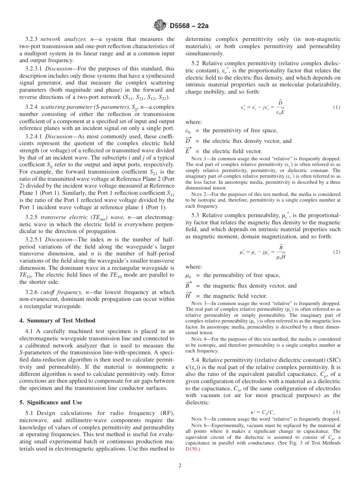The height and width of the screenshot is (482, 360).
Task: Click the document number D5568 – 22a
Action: tap(186, 26)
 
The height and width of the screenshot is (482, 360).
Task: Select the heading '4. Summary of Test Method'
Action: tap(57, 320)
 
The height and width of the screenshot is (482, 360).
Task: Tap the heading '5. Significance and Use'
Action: tap(50, 402)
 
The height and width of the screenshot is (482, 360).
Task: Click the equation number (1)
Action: tap(337, 107)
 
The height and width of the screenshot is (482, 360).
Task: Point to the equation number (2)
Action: tap(337, 252)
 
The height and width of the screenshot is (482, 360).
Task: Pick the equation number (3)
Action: tap(337, 412)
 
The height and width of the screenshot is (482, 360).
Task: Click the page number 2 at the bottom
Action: tap(180, 465)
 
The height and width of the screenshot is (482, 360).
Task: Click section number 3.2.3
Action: tap(32, 39)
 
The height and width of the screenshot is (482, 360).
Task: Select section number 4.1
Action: tap(30, 331)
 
